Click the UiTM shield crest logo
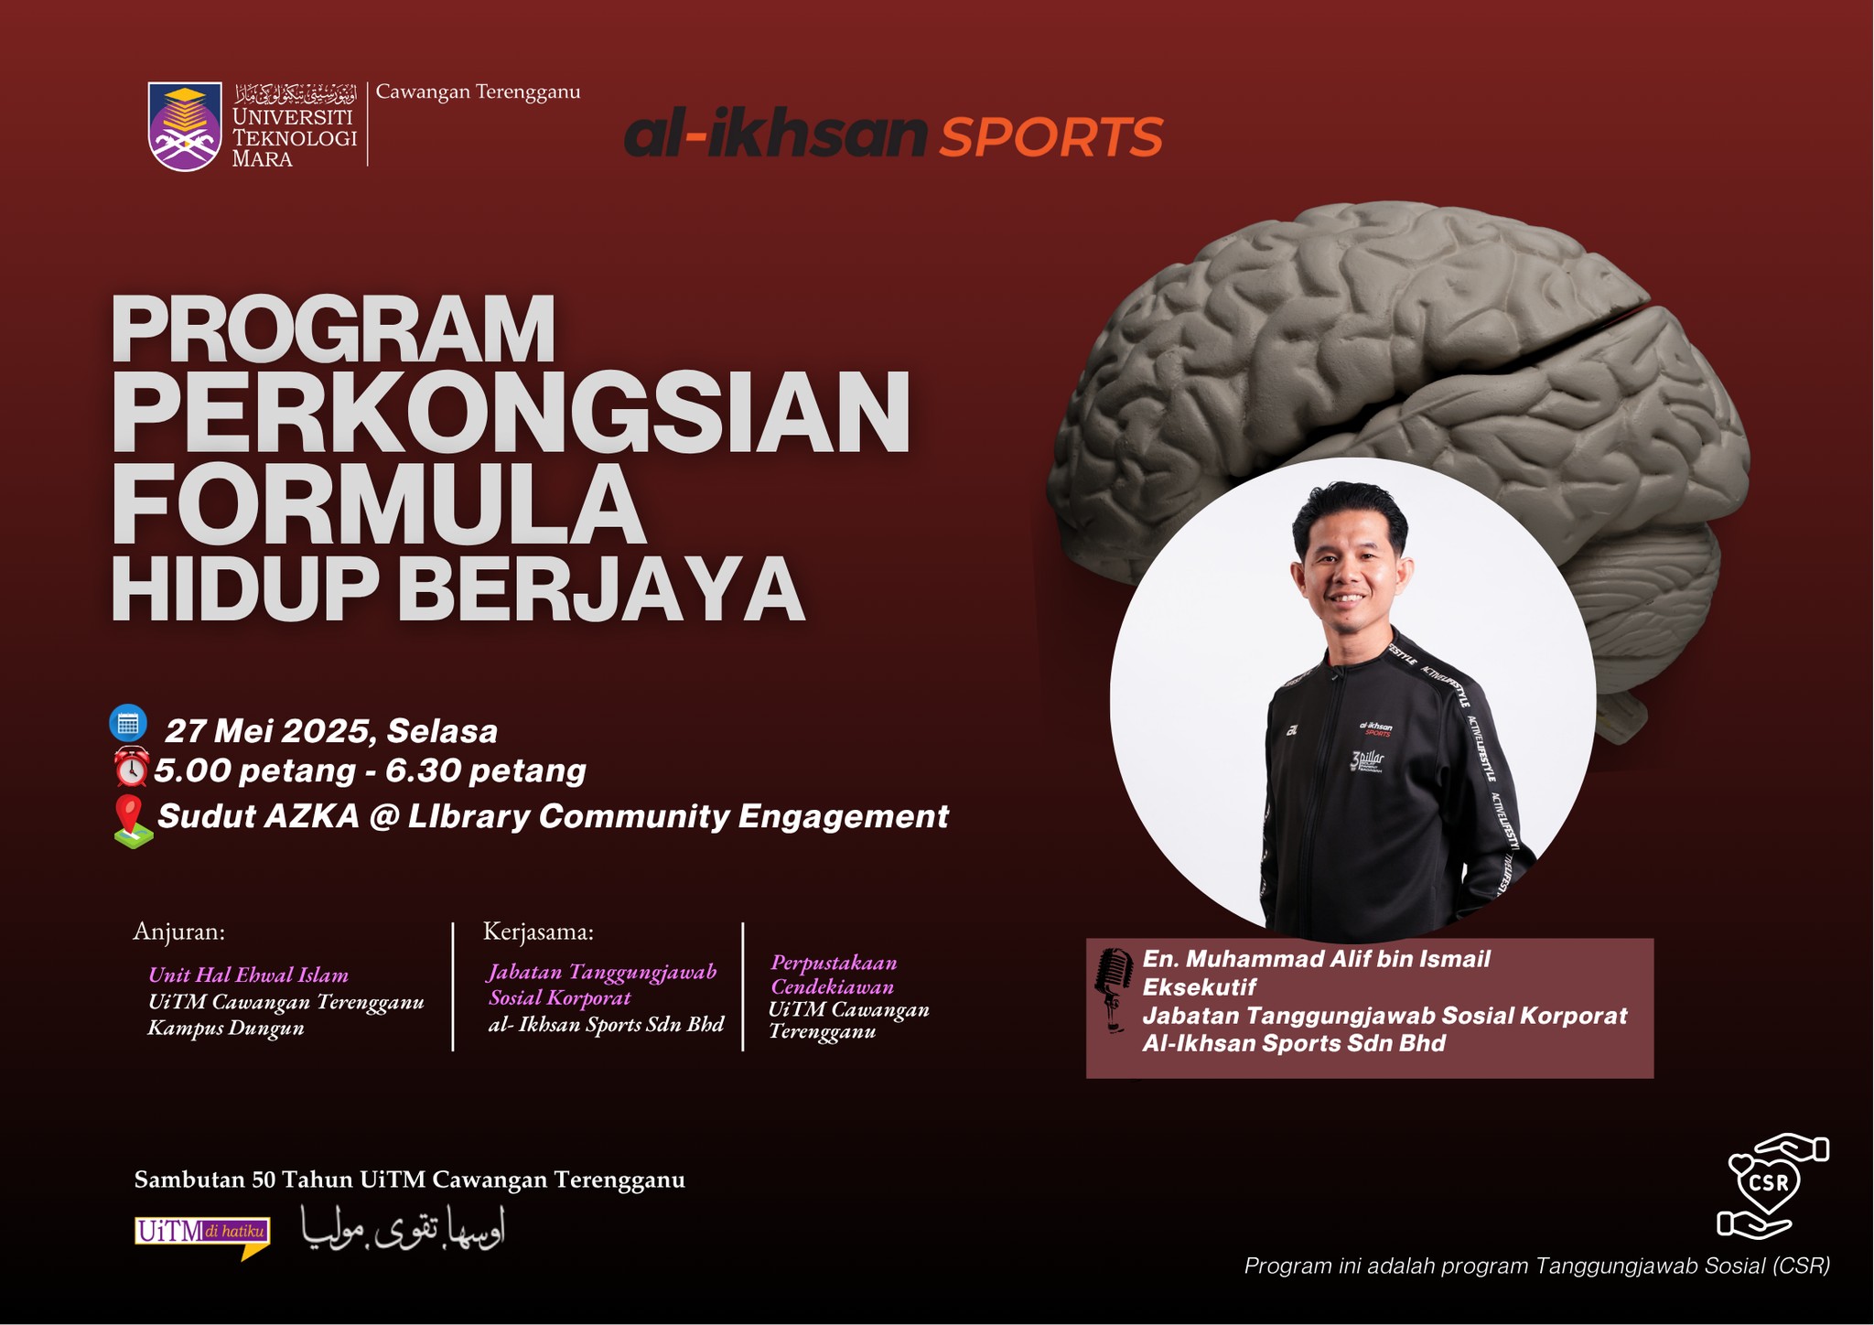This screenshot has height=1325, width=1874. [185, 126]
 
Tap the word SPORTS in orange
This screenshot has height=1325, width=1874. [1051, 137]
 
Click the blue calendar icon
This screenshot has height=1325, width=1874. [128, 723]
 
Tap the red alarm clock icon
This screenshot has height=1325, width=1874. [131, 767]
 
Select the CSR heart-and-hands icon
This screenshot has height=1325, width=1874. [1771, 1186]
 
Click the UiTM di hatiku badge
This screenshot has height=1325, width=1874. [202, 1236]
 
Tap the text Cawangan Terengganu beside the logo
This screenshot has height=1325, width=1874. [479, 92]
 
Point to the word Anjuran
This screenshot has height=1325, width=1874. [179, 932]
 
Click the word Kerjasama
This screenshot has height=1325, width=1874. [538, 932]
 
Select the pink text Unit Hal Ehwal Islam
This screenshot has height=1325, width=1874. [248, 975]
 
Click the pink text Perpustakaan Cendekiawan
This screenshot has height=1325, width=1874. [834, 975]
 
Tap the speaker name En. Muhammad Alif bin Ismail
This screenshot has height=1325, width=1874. [1317, 959]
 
